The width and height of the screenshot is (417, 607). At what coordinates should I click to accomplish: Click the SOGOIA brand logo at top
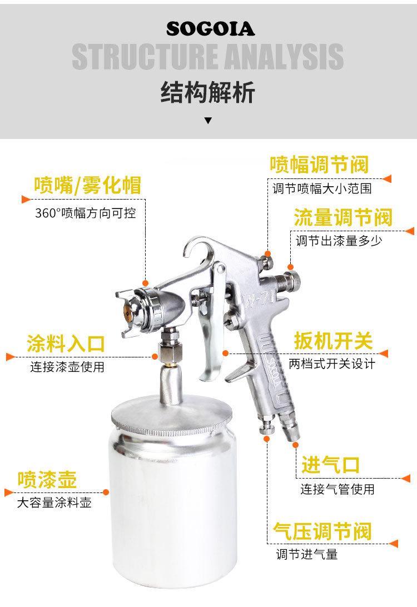(x=211, y=29)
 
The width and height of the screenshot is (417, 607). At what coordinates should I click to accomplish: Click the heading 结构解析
(x=208, y=92)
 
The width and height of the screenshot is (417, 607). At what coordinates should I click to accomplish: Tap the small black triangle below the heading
(x=208, y=121)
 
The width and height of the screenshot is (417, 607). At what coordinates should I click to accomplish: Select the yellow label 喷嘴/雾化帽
(x=87, y=185)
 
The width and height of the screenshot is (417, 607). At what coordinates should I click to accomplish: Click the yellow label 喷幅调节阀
(x=320, y=165)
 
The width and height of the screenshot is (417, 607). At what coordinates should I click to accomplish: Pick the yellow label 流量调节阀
(x=343, y=217)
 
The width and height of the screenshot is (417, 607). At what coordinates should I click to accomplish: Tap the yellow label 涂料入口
(x=66, y=344)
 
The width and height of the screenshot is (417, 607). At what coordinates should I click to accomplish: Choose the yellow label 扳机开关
(x=333, y=341)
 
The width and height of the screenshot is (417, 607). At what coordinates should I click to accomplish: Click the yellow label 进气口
(x=331, y=465)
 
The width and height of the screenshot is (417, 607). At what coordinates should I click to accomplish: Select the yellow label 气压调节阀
(x=322, y=531)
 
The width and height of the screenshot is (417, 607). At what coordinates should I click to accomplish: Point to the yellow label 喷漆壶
(x=47, y=479)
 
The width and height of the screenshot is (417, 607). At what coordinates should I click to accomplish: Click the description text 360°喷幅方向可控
(x=86, y=213)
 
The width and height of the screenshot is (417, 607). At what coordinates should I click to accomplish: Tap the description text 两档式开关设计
(x=332, y=364)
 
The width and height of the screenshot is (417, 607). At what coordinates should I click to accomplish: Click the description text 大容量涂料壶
(x=54, y=502)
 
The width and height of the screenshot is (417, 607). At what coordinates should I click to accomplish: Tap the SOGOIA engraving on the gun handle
(x=274, y=372)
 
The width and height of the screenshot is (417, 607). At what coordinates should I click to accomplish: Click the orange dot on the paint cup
(x=106, y=492)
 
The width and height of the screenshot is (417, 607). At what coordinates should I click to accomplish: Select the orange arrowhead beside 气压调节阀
(x=393, y=544)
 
